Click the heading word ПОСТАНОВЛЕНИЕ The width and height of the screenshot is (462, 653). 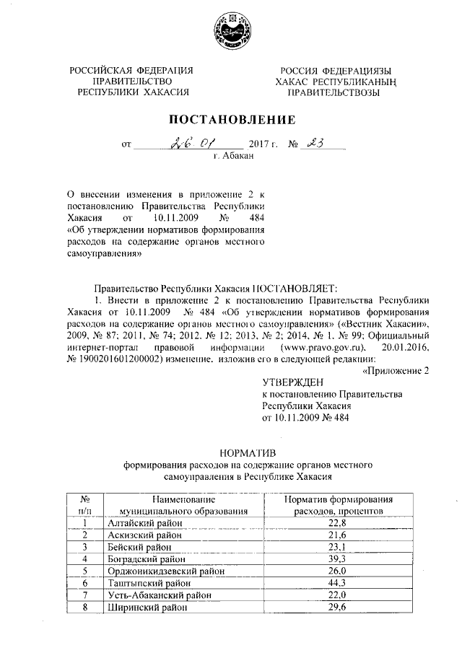pos(232,119)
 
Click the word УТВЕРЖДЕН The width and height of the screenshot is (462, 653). pos(293,381)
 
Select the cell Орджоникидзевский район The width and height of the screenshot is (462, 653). pos(160,571)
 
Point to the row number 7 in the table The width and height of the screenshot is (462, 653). pos(85,595)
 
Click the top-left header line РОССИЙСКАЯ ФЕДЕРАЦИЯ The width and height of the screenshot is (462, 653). pos(131,71)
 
